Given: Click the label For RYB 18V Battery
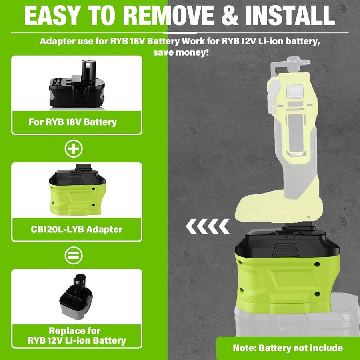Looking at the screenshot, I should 72,122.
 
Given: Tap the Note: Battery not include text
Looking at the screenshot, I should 288,348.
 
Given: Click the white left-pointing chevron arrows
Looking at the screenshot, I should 208,226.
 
